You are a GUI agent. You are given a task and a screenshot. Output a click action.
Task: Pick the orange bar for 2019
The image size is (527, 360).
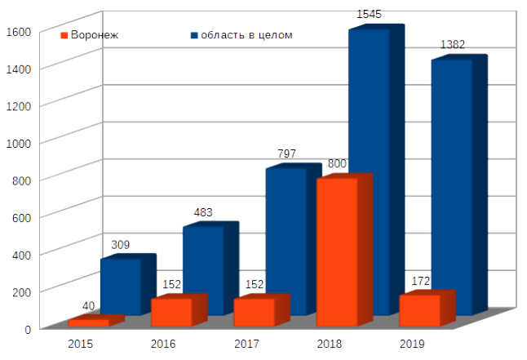click(419, 310)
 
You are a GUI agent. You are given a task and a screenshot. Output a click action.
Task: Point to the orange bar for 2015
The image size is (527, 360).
click(89, 323)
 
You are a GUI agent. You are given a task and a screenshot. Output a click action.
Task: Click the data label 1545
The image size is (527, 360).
click(370, 15)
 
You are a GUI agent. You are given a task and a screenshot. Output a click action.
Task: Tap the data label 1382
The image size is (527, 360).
click(452, 44)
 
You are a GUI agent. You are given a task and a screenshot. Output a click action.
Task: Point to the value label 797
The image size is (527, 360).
click(286, 153)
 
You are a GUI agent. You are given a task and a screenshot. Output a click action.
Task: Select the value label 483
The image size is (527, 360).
click(203, 212)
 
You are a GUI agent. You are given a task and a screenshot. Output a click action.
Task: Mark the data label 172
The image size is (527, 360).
click(421, 282)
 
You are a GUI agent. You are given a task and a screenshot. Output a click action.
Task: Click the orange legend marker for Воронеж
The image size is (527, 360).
click(64, 36)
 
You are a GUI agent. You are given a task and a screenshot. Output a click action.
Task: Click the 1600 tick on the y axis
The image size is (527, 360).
click(18, 31)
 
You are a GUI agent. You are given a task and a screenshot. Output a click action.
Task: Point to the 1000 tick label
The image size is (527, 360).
click(18, 142)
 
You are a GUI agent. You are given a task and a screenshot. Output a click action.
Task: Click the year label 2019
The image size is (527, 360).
click(412, 344)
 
